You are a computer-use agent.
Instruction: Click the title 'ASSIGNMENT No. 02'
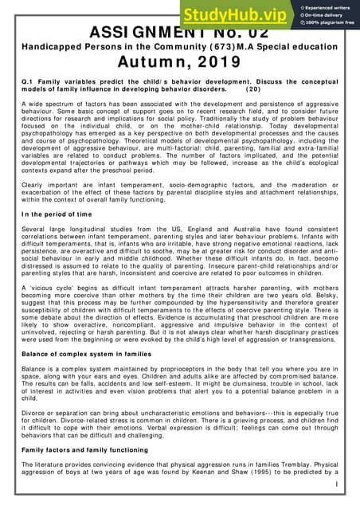180,36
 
